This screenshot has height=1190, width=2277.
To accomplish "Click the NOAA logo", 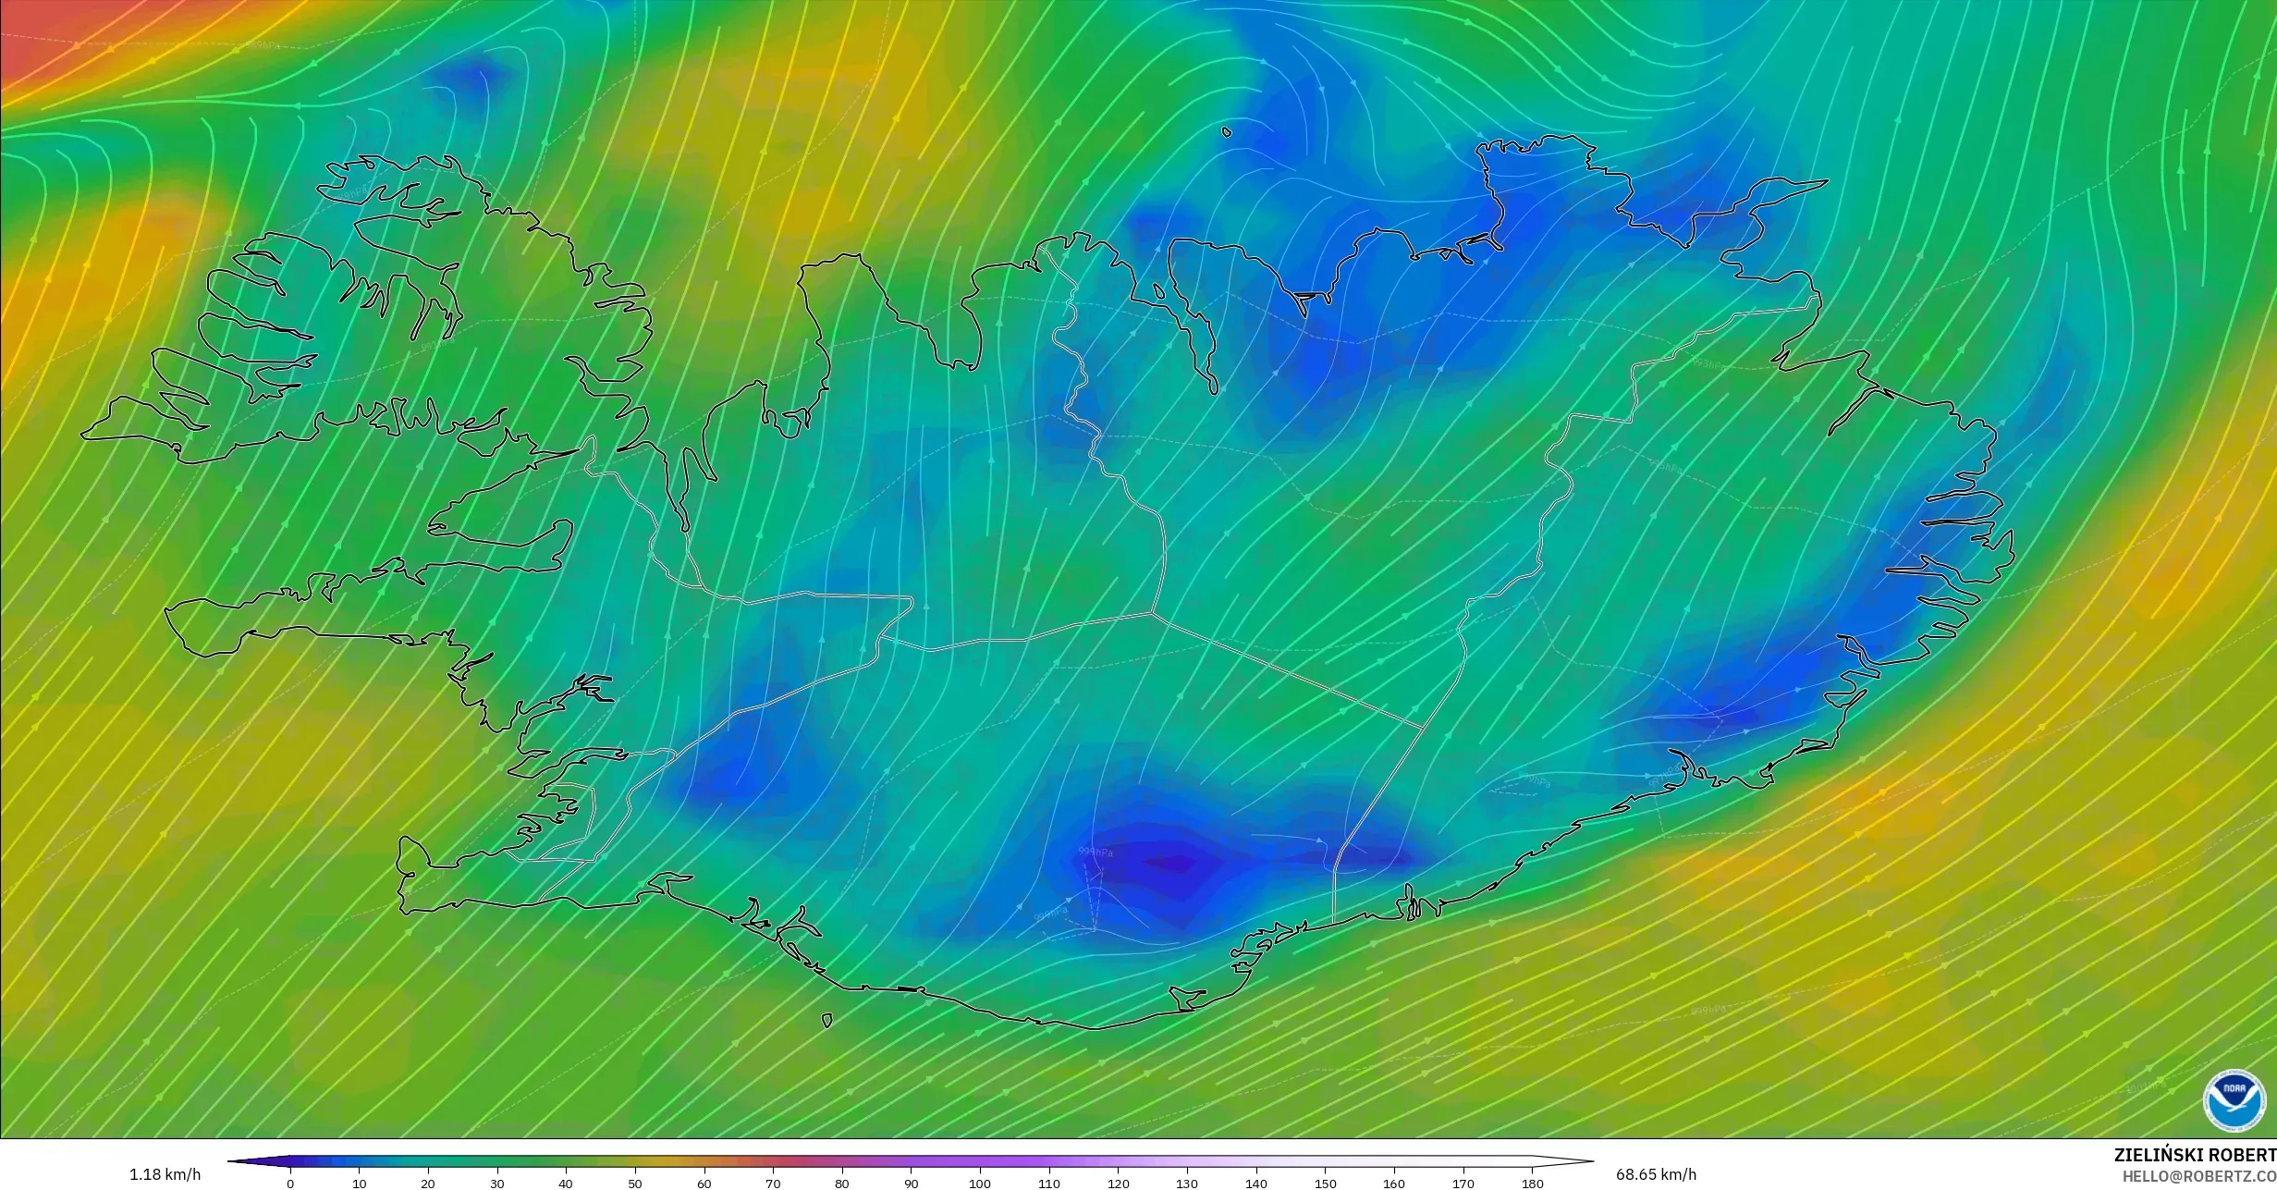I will [x=2234, y=1100].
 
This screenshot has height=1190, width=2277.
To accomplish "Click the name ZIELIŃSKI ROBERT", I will [x=2194, y=1155].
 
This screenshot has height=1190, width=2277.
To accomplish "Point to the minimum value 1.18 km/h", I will [x=165, y=1175].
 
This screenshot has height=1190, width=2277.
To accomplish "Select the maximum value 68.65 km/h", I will [x=1656, y=1175].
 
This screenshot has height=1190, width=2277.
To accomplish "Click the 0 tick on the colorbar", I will [x=290, y=1184].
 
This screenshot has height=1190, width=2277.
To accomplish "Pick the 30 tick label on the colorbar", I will [x=497, y=1184].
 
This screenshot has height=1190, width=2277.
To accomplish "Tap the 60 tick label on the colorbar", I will [x=704, y=1184].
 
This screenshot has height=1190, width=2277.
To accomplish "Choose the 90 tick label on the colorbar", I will [x=912, y=1184].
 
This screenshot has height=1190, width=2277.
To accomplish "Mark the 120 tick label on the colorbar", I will [x=1119, y=1184].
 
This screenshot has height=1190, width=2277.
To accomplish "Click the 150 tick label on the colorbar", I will [x=1326, y=1184].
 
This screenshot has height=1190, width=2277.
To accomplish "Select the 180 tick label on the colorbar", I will [x=1533, y=1184].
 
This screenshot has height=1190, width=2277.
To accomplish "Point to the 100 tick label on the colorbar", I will [x=980, y=1184].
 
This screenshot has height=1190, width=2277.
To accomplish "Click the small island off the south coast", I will [x=826, y=1021].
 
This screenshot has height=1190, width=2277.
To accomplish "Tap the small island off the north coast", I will [x=1227, y=132].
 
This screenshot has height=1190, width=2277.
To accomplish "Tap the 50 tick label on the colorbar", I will [x=635, y=1184].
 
